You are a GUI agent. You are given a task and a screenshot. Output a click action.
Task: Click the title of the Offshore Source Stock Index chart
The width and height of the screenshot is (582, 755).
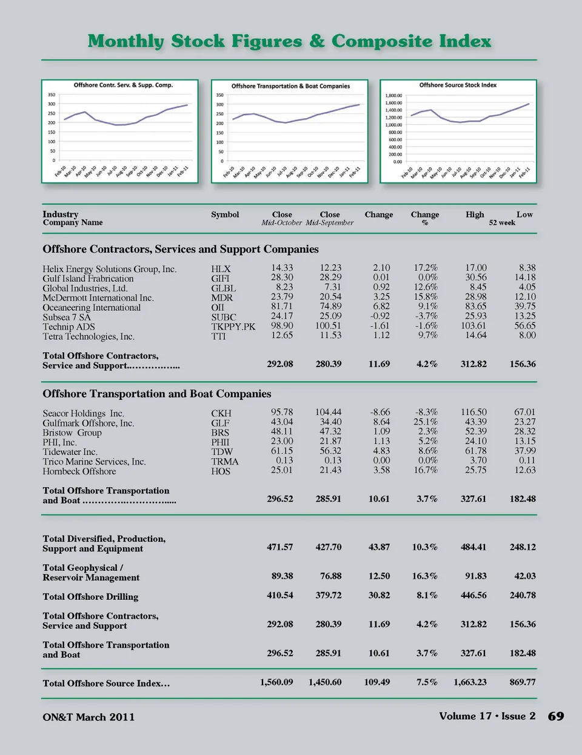(x=458, y=85)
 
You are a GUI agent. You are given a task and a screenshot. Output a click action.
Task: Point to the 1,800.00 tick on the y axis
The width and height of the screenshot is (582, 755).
(x=393, y=96)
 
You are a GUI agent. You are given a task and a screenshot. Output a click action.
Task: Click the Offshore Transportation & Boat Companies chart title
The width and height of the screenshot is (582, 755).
(x=290, y=86)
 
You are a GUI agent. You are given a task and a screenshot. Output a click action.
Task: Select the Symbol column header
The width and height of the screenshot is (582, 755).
(x=225, y=215)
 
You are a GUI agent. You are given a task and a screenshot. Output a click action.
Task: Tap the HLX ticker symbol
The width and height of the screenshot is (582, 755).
(x=221, y=269)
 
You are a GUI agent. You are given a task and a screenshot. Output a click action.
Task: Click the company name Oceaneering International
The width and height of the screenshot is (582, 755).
(x=92, y=308)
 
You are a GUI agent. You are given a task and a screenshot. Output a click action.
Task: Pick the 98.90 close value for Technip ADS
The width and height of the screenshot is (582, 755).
(x=282, y=326)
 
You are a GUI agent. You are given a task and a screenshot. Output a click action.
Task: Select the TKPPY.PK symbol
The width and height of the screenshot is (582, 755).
(x=233, y=327)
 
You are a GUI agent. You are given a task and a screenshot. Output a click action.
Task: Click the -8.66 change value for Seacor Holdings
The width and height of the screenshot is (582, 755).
(x=380, y=412)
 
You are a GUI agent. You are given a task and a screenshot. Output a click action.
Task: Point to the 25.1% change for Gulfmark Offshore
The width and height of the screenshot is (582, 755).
(x=426, y=422)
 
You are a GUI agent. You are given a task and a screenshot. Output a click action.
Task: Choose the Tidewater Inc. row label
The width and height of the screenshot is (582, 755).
(x=70, y=452)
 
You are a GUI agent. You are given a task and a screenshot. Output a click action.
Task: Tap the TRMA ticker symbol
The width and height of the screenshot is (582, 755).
(x=225, y=462)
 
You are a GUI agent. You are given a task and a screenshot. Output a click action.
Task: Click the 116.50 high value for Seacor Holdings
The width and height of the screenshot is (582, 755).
(x=473, y=412)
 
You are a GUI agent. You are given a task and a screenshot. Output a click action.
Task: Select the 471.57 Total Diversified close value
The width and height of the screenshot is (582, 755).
(x=280, y=547)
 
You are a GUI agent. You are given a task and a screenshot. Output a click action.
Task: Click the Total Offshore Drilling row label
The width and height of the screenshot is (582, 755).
(x=90, y=597)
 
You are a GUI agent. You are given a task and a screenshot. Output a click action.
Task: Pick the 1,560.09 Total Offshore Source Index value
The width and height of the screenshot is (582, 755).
(x=276, y=682)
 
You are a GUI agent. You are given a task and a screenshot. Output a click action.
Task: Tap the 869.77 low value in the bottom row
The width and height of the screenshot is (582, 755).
(x=523, y=682)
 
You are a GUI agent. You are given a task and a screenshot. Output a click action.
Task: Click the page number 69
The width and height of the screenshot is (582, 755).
(x=556, y=716)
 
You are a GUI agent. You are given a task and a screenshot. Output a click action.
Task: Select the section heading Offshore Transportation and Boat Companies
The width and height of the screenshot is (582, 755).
(x=157, y=394)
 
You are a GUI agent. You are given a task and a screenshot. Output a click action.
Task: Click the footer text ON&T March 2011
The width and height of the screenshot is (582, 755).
(x=89, y=717)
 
